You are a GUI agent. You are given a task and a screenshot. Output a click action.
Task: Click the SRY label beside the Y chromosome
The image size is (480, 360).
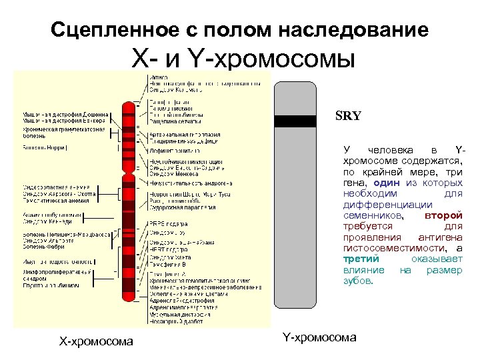click(348, 115)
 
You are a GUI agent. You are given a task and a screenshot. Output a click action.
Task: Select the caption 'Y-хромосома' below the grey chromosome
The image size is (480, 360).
click(319, 337)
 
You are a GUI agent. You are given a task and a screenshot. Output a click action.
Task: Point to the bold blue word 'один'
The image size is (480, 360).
click(387, 183)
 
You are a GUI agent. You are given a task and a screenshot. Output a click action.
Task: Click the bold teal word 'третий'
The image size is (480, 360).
click(361, 259)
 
